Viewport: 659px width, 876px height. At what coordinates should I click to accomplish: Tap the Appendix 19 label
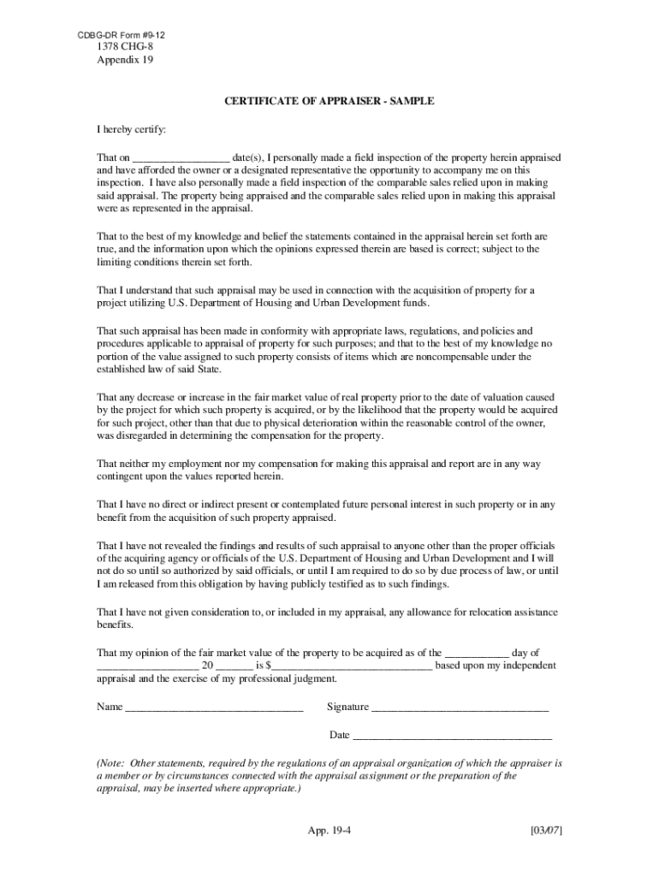[x=125, y=61]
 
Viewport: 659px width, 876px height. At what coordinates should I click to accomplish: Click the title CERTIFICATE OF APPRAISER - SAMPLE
[x=329, y=101]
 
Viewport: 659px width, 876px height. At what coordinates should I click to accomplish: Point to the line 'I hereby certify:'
[x=132, y=130]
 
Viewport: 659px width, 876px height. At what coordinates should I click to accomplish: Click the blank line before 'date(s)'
[x=181, y=158]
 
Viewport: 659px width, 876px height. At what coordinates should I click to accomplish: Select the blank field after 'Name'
[x=214, y=707]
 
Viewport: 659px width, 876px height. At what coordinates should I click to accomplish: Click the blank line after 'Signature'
[x=460, y=707]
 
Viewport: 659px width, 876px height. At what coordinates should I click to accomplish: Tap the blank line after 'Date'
[x=452, y=736]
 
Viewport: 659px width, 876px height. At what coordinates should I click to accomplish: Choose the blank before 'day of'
[x=477, y=653]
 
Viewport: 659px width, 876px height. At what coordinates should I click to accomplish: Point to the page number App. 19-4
[x=329, y=831]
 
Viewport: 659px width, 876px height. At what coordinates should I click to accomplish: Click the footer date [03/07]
[x=545, y=831]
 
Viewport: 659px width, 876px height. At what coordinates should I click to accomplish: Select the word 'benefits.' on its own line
[x=116, y=624]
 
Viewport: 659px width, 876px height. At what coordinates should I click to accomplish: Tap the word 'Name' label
[x=110, y=707]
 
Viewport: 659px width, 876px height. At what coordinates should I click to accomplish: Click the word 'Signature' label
[x=347, y=707]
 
